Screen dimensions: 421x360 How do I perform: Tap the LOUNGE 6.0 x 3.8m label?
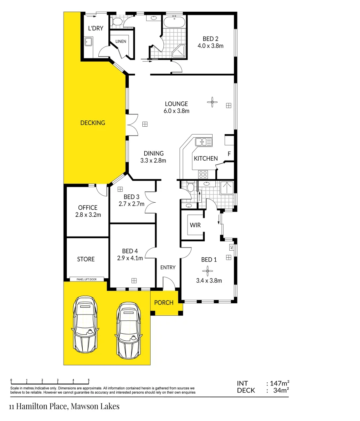(x=176, y=107)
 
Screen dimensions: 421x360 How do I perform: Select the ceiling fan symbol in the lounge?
(x=212, y=103)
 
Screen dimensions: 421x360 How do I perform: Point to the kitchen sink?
(x=204, y=142)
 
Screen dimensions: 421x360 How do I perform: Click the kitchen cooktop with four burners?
(x=203, y=174)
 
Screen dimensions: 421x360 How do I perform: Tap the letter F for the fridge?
(x=229, y=154)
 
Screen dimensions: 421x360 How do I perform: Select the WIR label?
(x=195, y=225)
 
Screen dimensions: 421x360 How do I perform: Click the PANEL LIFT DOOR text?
(x=87, y=279)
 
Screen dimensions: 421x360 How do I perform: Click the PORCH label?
(x=164, y=302)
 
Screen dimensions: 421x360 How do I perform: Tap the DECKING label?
(x=92, y=123)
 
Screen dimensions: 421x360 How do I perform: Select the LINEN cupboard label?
(x=121, y=41)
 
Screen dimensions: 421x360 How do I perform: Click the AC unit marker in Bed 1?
(x=231, y=247)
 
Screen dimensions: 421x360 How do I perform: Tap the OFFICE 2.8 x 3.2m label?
(x=87, y=211)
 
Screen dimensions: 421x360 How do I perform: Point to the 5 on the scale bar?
(x=89, y=380)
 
